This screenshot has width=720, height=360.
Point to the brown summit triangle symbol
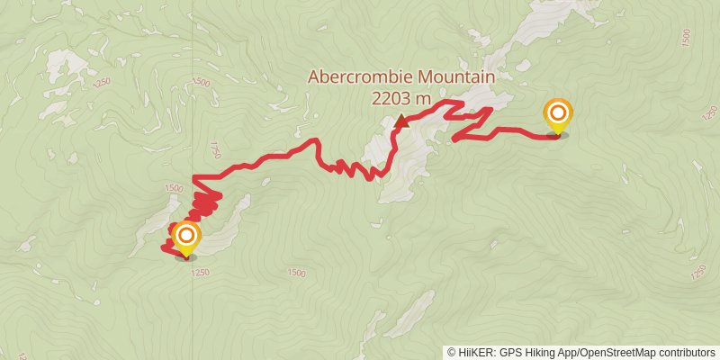pos(400,120)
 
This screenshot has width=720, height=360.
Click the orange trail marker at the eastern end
pos(558,114)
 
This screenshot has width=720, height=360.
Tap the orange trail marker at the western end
pos(186,237)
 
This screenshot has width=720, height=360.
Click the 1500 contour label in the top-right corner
pos(687,38)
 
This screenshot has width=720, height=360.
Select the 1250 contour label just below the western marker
pos(201,273)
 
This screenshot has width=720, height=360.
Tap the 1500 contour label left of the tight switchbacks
pos(174,189)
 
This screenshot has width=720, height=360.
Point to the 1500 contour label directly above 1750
pos(201,83)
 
